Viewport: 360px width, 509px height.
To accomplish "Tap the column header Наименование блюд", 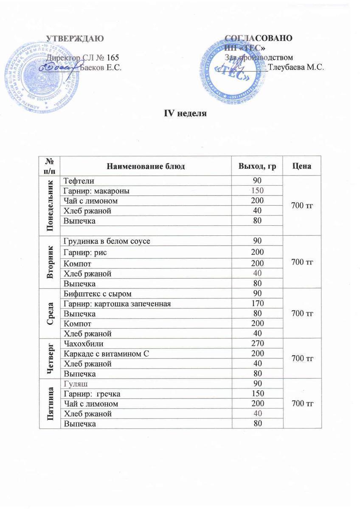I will pyautogui.click(x=145, y=166).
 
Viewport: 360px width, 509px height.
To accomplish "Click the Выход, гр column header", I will pyautogui.click(x=257, y=166).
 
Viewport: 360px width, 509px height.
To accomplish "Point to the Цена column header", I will pyautogui.click(x=302, y=166).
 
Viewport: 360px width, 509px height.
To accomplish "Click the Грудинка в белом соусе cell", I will pyautogui.click(x=106, y=241).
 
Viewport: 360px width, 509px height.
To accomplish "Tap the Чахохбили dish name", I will pyautogui.click(x=83, y=343).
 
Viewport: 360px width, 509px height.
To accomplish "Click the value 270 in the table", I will pyautogui.click(x=257, y=343).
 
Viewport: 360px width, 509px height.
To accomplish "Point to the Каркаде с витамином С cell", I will pyautogui.click(x=106, y=353).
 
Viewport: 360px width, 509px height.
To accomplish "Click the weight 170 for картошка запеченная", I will pyautogui.click(x=257, y=304).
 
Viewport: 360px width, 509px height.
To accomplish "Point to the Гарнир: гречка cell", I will pyautogui.click(x=91, y=394).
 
